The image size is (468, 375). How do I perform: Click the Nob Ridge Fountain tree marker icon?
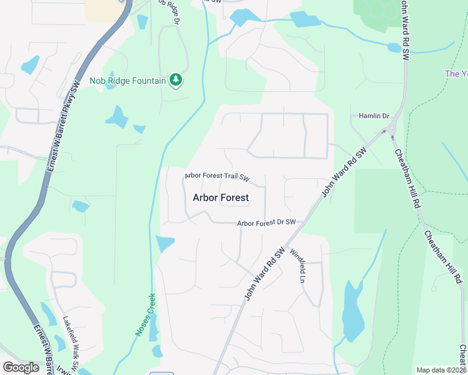[x=176, y=80]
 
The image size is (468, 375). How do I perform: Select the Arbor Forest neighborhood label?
[x=220, y=197]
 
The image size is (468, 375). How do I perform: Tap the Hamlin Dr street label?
[x=374, y=116]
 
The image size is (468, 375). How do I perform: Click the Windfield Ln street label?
[x=297, y=265]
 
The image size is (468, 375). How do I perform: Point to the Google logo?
[x=21, y=367]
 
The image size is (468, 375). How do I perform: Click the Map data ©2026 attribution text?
[x=442, y=370]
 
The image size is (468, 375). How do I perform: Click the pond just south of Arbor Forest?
[x=165, y=243]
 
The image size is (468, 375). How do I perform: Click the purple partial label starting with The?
[x=455, y=74]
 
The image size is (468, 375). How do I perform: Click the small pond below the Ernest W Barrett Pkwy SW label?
[x=80, y=206]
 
